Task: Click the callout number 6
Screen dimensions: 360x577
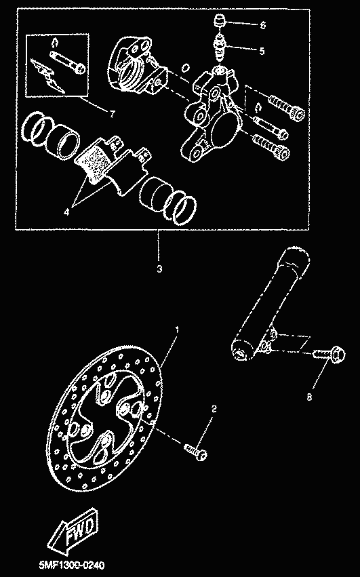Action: [262, 25]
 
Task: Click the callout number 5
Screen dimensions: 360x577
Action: [262, 51]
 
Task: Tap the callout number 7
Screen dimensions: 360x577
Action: [112, 114]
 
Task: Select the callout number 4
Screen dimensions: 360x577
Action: [66, 212]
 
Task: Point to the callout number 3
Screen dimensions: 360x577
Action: [159, 269]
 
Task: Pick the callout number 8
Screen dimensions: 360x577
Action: [309, 397]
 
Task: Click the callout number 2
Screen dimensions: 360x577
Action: [214, 409]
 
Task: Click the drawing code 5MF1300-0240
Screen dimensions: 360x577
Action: [72, 565]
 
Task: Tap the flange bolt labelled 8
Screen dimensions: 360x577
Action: [329, 355]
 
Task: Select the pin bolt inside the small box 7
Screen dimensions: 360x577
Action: [68, 61]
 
